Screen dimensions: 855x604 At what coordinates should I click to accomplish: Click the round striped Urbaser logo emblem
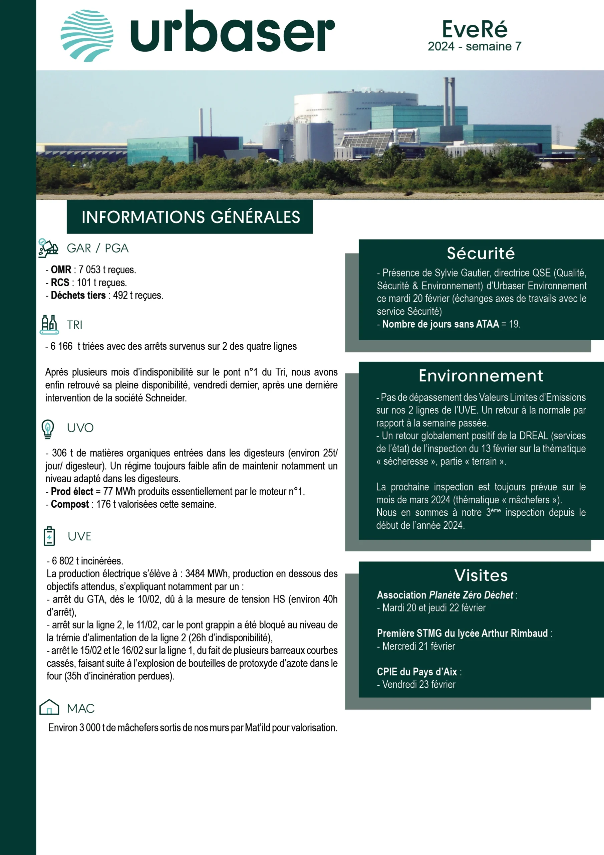[x=87, y=36]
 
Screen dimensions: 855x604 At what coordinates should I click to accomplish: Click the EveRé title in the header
[x=475, y=29]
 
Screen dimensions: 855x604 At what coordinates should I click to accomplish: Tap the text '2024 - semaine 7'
[x=475, y=46]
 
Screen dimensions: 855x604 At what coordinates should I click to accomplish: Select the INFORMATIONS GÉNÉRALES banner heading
[x=191, y=217]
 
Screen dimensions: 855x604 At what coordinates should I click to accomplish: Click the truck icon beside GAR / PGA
[x=48, y=248]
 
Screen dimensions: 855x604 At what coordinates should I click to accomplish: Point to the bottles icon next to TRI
[x=49, y=324]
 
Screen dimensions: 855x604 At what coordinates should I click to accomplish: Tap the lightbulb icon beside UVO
[x=48, y=428]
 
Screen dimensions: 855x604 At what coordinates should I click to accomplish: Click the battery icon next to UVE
[x=49, y=536]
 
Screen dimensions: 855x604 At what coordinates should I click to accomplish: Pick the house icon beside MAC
[x=49, y=707]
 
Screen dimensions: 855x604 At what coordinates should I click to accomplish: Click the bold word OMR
[x=61, y=270]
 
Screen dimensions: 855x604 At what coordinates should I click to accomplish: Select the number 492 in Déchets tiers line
[x=120, y=295]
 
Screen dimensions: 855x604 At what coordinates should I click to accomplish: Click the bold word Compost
[x=70, y=504]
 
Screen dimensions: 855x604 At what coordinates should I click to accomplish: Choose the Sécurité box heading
[x=481, y=253]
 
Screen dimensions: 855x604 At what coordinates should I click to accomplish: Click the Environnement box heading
[x=481, y=376]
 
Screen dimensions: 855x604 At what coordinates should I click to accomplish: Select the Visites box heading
[x=481, y=575]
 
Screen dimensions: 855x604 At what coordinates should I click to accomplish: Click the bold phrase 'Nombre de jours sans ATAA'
[x=440, y=324]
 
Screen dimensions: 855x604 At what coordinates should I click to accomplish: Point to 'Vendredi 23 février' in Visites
[x=419, y=684]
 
